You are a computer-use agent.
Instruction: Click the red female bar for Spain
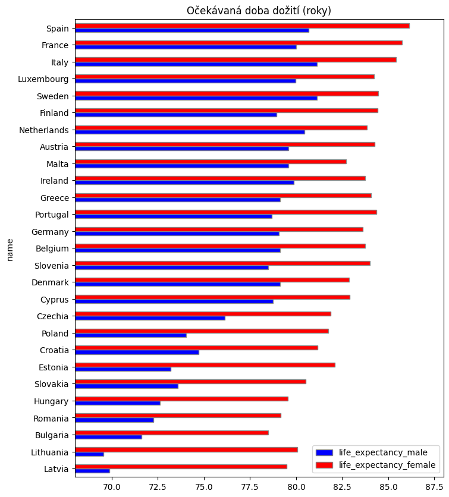tap(242, 26)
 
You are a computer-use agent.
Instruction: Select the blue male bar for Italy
tap(196, 64)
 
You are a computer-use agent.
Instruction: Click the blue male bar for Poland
tap(130, 335)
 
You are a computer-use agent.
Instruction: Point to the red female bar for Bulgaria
tap(171, 433)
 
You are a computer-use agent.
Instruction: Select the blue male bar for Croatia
tap(137, 352)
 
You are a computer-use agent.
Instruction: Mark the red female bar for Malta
tap(211, 161)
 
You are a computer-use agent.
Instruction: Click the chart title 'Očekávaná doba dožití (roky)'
tap(259, 11)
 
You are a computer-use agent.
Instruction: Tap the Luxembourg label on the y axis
tap(43, 79)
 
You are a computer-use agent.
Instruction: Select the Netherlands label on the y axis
tap(44, 130)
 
